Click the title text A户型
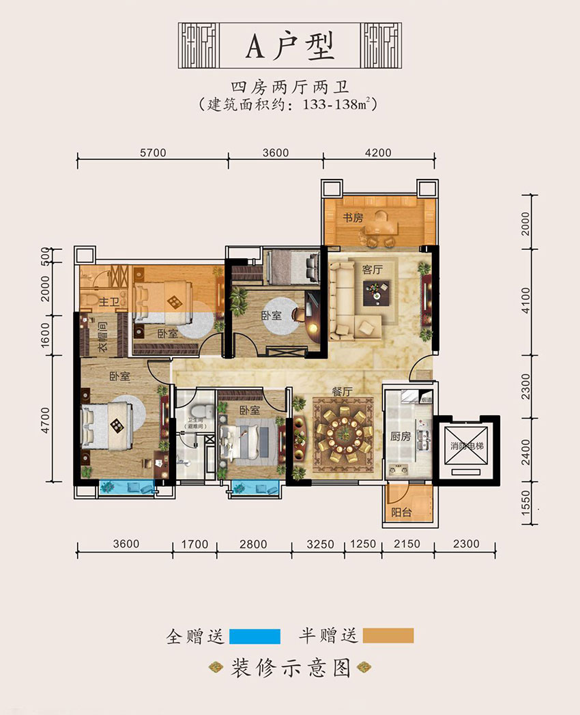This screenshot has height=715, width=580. point(290,46)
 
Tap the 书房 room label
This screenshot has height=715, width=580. point(352,217)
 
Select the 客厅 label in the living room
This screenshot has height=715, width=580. point(372,270)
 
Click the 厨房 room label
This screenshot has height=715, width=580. point(401,436)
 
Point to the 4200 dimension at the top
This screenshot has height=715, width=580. point(378,153)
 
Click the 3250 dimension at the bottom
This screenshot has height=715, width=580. point(320,544)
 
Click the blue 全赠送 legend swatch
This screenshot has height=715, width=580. point(255,636)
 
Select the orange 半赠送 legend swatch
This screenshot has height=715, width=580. point(388,636)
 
